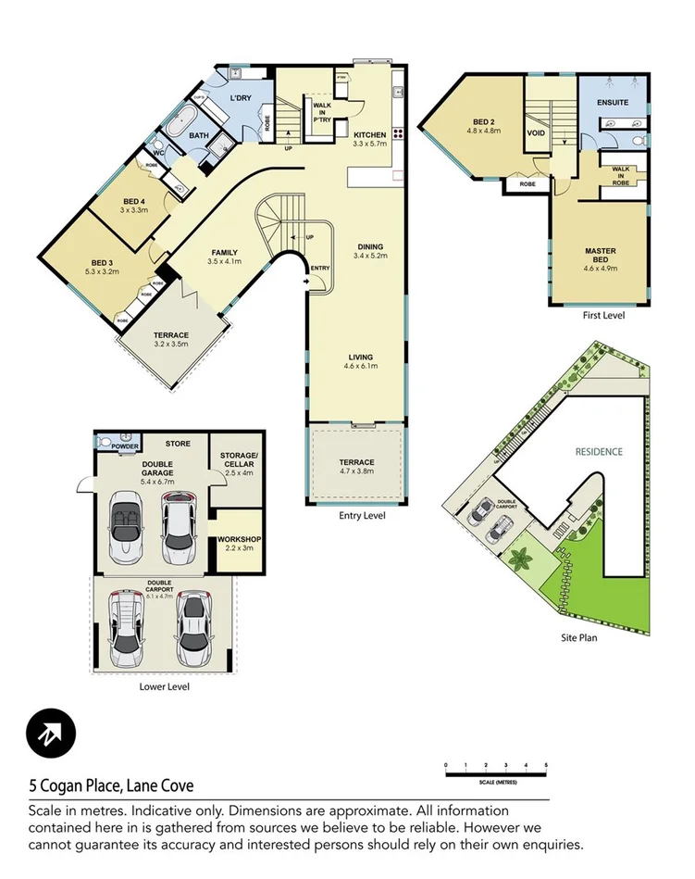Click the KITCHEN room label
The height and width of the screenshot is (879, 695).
[x=368, y=133]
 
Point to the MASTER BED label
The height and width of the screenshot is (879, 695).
[x=601, y=251]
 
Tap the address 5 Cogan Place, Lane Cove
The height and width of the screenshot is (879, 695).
[x=110, y=786]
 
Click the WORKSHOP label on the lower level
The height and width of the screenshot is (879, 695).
[x=239, y=539]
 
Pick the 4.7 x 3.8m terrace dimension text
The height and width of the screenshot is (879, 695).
[x=356, y=472]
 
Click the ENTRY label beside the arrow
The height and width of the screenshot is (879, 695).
[x=320, y=269]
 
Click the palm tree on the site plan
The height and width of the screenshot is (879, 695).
[x=520, y=559]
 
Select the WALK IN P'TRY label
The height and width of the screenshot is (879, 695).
[x=323, y=114]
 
